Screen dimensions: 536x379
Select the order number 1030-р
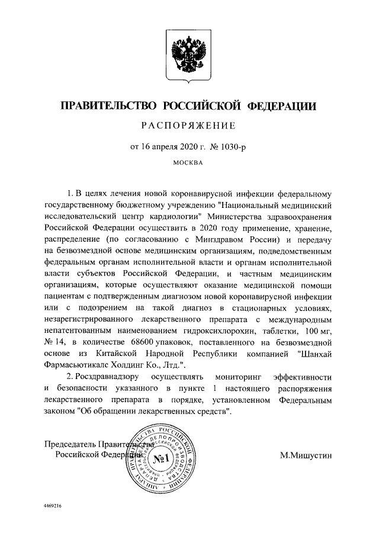pos(230,145)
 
